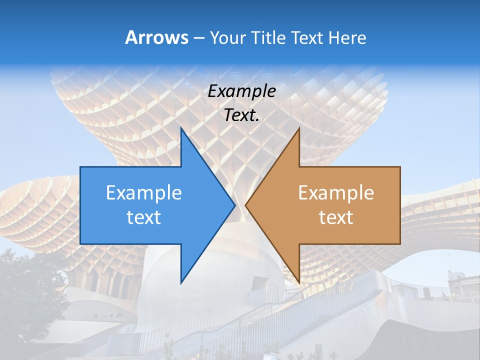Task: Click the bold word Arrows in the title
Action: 156,37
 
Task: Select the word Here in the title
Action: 347,37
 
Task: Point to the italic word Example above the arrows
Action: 241,91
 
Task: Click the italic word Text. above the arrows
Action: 241,115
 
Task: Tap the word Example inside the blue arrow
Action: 143,192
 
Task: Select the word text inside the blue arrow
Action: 143,217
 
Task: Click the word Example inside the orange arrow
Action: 336,192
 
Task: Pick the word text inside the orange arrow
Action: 336,217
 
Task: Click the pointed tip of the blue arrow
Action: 234,205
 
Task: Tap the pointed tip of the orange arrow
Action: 246,205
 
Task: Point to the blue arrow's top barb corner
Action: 181,128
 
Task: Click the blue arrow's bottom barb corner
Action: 181,282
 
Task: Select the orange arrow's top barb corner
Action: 299,128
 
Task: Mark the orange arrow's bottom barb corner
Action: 299,282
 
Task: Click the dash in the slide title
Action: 198,38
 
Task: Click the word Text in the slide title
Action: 307,37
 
